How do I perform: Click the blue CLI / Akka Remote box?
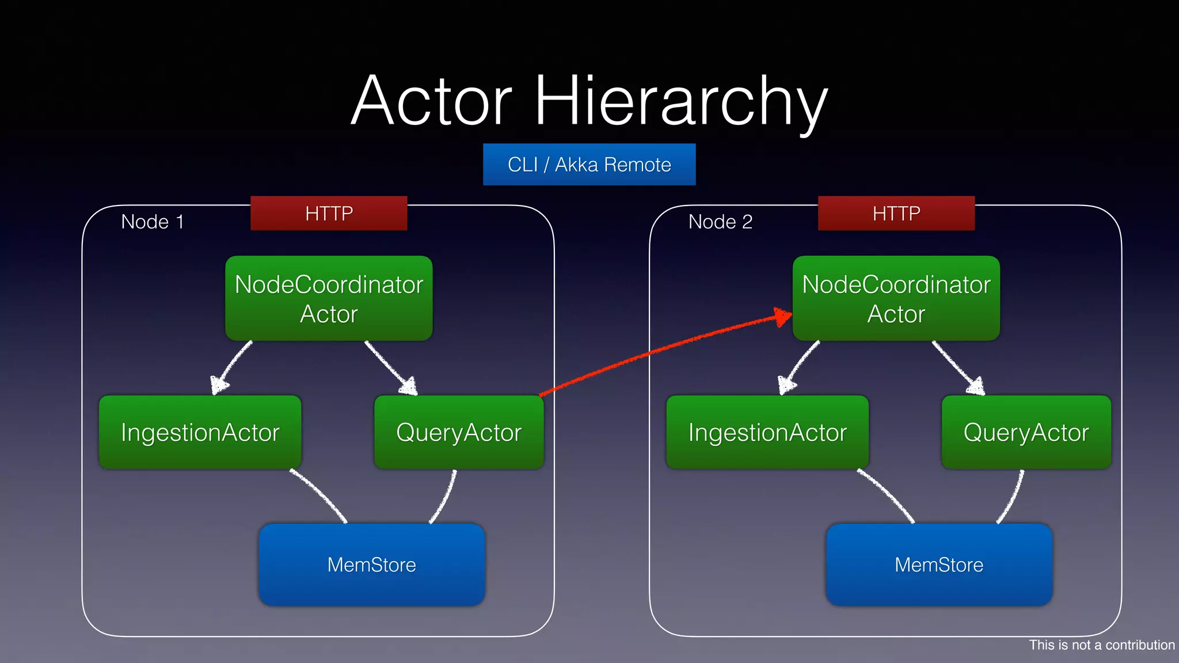pos(589,165)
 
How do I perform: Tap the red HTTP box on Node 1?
pos(329,214)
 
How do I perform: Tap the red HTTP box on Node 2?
pos(896,214)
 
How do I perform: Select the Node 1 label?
pos(153,222)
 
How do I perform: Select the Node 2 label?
pos(720,222)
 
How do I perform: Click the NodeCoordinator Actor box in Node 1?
pos(329,298)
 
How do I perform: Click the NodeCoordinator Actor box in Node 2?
pos(896,298)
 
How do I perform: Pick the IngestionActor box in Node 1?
pos(200,432)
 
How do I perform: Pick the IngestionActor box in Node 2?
pos(767,432)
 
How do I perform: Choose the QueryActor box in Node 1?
pos(459,432)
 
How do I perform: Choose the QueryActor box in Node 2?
pos(1026,432)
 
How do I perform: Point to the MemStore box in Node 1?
pos(372,565)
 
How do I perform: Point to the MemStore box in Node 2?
pos(939,565)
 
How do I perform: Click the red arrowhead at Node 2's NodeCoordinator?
pos(783,317)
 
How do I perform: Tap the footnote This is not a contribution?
pos(1101,645)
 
